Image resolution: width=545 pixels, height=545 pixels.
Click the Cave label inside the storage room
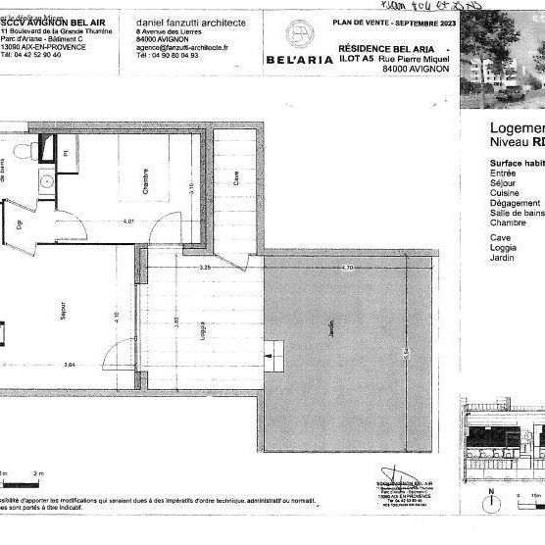[235, 178]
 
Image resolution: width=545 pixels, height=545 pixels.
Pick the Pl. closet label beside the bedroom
[66, 153]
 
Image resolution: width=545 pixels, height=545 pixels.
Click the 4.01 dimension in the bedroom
[128, 221]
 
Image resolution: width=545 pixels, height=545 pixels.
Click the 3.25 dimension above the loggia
[204, 268]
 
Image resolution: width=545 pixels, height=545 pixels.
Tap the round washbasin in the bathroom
[43, 182]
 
